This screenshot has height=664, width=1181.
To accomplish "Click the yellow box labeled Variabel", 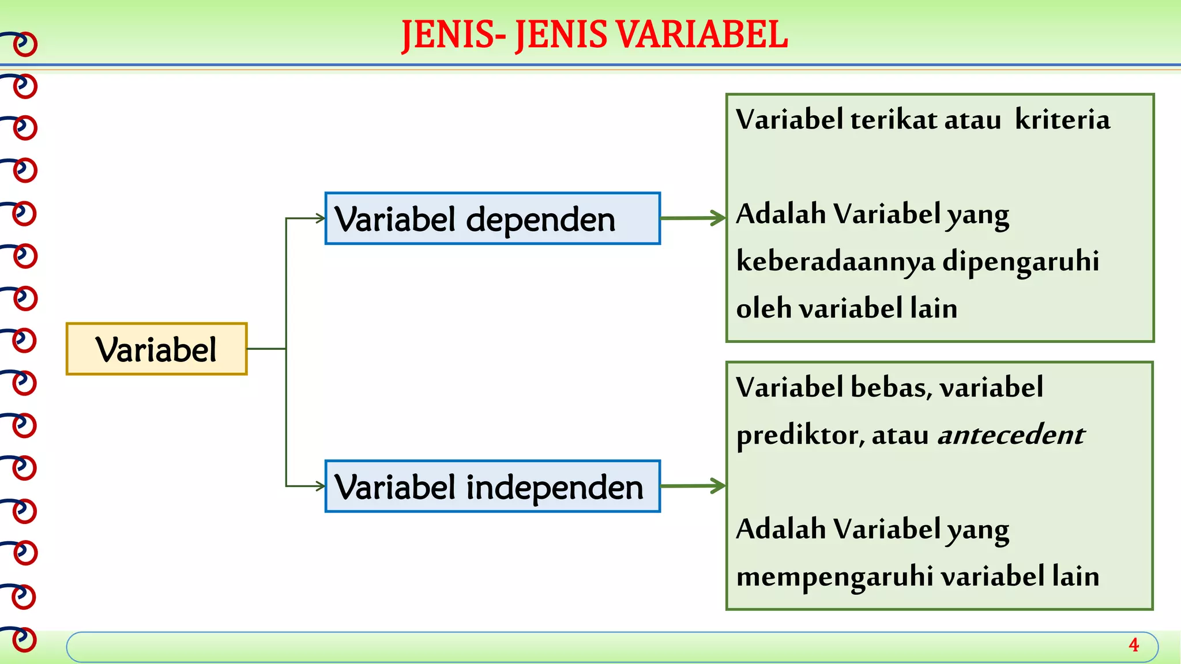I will coord(156,349).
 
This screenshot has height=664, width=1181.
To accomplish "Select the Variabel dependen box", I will coord(492,219).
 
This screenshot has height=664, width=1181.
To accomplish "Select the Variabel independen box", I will coord(492,486).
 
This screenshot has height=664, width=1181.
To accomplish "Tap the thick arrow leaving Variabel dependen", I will coord(692,218).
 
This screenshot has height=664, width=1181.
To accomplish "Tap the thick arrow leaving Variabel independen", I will coord(692,486).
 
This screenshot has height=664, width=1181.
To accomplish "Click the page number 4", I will coord(1133,645).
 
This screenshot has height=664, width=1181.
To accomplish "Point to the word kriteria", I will coord(1062,120).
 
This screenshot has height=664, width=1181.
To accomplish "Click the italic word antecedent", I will coord(1011,435).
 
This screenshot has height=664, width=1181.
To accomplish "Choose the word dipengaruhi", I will coord(1021,261).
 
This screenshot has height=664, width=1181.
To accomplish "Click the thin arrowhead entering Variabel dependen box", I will coord(321,218).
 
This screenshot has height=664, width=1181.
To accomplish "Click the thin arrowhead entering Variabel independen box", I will coord(321,486).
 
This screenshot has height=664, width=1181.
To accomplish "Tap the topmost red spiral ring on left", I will coord(24,44).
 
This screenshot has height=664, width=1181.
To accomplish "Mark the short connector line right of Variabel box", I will coord(266,349).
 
